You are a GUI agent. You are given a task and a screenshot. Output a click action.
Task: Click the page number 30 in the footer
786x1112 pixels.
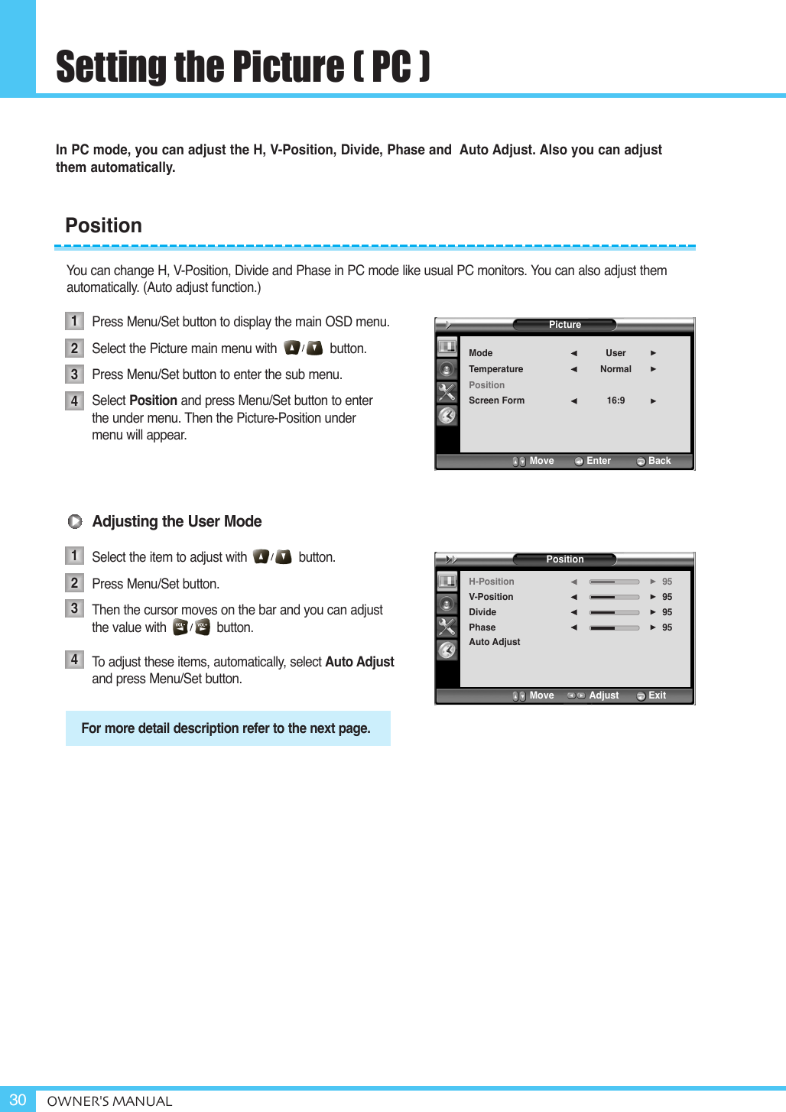18,1099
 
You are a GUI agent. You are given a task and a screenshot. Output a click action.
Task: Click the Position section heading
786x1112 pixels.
104,225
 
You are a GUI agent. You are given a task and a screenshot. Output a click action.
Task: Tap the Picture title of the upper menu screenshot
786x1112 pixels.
564,325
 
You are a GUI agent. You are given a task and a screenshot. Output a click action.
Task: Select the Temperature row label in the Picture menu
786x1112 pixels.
495,369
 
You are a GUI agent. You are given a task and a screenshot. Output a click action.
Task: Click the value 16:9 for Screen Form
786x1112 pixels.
615,400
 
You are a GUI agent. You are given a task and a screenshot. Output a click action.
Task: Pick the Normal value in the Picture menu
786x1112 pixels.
615,369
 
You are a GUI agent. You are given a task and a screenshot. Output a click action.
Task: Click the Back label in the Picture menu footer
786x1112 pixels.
659,461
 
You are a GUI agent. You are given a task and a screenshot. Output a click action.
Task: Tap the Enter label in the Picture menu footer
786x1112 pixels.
598,461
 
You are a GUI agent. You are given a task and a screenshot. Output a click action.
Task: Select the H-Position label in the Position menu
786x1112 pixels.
491,582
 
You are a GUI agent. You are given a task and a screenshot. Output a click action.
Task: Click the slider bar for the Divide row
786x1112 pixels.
614,612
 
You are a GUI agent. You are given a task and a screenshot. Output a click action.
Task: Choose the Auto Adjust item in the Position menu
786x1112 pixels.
494,642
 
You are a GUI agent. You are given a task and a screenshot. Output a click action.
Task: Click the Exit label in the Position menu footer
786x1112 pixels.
657,695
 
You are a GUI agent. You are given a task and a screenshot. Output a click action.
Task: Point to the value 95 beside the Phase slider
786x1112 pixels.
667,627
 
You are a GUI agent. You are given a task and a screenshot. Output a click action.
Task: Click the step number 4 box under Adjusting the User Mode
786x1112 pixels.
74,660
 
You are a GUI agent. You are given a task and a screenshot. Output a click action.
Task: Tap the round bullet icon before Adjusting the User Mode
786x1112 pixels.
75,521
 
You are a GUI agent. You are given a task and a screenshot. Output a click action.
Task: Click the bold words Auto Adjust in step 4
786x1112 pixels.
359,662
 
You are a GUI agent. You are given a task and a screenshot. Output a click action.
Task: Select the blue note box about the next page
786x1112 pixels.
228,728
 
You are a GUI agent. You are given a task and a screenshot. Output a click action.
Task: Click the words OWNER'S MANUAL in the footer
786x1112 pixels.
109,1101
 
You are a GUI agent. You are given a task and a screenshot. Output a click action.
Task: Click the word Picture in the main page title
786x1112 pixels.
287,67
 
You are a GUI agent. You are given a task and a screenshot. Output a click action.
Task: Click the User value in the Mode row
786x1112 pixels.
615,353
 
